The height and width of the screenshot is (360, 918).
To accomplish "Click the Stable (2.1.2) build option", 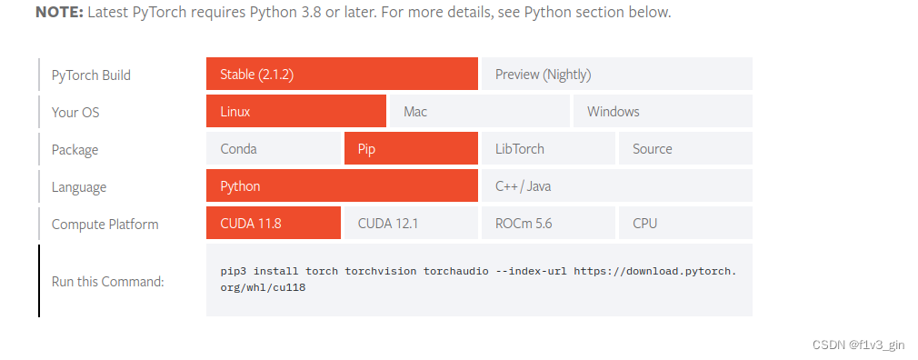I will click(342, 75).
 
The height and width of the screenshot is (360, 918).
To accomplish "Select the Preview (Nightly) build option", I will click(616, 75).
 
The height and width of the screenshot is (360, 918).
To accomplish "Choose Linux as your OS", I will click(296, 112).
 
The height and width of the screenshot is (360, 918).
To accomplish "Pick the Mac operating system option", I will click(478, 112).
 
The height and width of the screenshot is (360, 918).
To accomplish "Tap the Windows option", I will click(662, 112).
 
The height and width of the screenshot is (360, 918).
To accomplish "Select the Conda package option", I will click(274, 149).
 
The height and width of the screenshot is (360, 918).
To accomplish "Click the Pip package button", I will click(411, 149).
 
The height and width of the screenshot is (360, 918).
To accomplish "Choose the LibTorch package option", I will click(548, 149).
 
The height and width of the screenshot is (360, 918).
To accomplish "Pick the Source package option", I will click(685, 149).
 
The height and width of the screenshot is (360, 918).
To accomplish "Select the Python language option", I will click(342, 186).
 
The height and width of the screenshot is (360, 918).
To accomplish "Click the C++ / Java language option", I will click(616, 186).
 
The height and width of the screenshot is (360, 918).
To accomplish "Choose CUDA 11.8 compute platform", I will click(274, 224).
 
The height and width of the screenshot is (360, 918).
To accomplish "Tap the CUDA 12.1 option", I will click(411, 224).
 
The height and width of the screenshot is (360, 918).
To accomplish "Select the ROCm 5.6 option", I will click(548, 224).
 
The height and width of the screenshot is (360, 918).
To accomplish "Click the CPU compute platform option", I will click(685, 224).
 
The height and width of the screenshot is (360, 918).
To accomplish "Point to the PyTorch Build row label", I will click(91, 75).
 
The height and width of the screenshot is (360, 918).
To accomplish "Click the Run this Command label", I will click(107, 282).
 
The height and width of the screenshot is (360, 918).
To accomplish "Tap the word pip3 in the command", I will click(234, 271).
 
